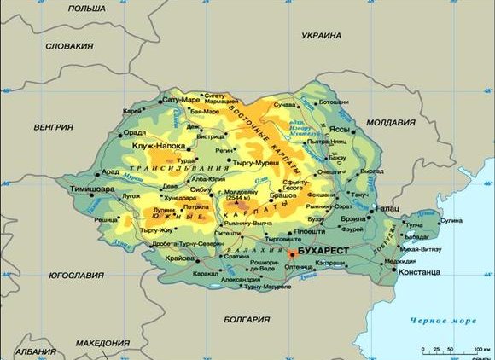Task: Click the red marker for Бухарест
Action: tap(291, 253)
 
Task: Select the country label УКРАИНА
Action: tap(321, 36)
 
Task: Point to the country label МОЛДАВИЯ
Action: tap(390, 123)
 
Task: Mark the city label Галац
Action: tap(387, 208)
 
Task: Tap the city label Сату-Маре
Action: tap(178, 100)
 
